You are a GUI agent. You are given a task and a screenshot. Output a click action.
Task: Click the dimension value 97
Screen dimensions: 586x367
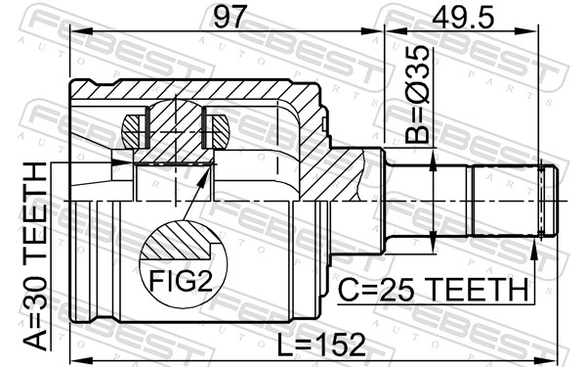tap(230, 17)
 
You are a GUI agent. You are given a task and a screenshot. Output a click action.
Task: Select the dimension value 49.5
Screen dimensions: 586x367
tap(463, 17)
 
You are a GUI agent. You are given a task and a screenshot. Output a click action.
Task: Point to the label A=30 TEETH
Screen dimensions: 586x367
tap(36, 256)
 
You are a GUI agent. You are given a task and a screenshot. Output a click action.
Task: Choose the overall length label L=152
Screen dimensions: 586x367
tap(321, 344)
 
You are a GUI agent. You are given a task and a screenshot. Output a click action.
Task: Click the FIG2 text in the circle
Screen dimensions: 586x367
tap(181, 281)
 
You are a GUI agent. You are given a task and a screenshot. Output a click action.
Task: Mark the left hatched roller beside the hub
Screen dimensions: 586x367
tap(134, 131)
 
